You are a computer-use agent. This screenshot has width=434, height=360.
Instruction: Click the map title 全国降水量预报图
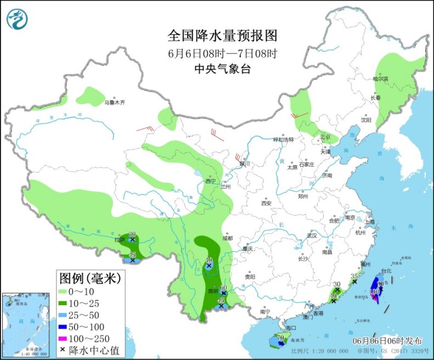tap(222, 36)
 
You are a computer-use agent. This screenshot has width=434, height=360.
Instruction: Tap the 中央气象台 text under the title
tap(222, 69)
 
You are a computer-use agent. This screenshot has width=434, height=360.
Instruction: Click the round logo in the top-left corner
tap(17, 19)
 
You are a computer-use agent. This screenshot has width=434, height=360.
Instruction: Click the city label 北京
tap(325, 137)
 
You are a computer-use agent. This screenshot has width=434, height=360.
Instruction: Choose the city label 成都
tap(228, 238)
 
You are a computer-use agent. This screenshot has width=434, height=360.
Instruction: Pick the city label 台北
tap(386, 271)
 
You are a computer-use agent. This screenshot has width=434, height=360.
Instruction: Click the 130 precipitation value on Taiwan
tap(375, 291)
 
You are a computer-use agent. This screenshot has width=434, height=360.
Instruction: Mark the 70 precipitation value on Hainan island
tap(280, 337)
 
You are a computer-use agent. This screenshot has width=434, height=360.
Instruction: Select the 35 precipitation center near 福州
tap(354, 276)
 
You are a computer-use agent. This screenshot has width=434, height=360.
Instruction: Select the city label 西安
tap(266, 203)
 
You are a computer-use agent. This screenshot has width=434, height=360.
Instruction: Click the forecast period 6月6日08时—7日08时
tap(222, 53)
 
